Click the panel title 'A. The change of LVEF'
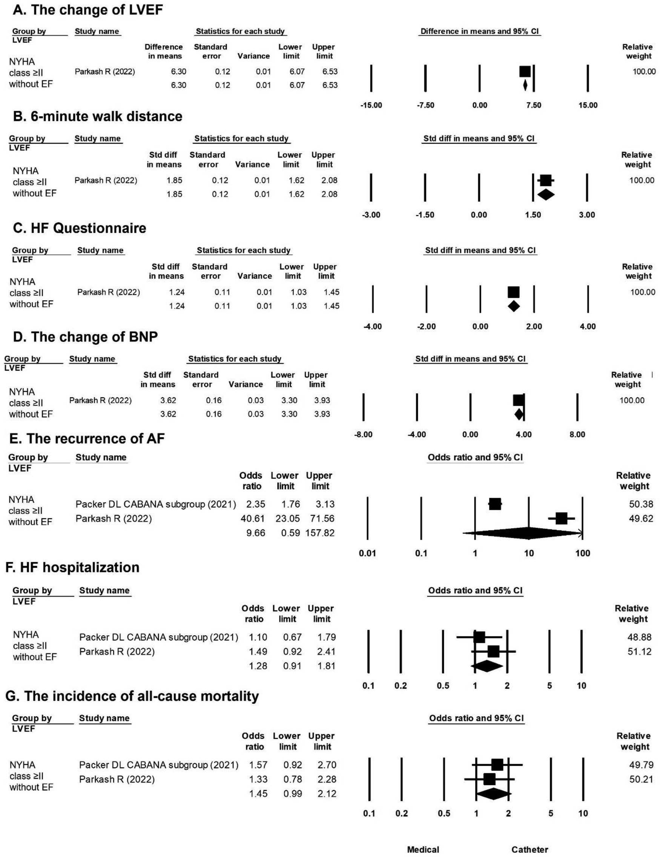87,10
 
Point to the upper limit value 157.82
319,533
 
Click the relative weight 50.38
641,504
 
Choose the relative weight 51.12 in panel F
639,651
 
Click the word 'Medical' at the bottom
423,849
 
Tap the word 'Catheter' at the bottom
530,849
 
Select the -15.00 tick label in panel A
371,105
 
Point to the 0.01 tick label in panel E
367,553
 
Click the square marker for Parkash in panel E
561,519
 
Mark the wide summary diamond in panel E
522,533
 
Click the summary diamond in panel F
486,666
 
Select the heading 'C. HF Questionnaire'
79,228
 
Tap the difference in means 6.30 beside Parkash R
178,71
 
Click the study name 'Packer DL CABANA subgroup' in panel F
158,637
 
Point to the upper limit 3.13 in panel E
325,504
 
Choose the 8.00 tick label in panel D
577,434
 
